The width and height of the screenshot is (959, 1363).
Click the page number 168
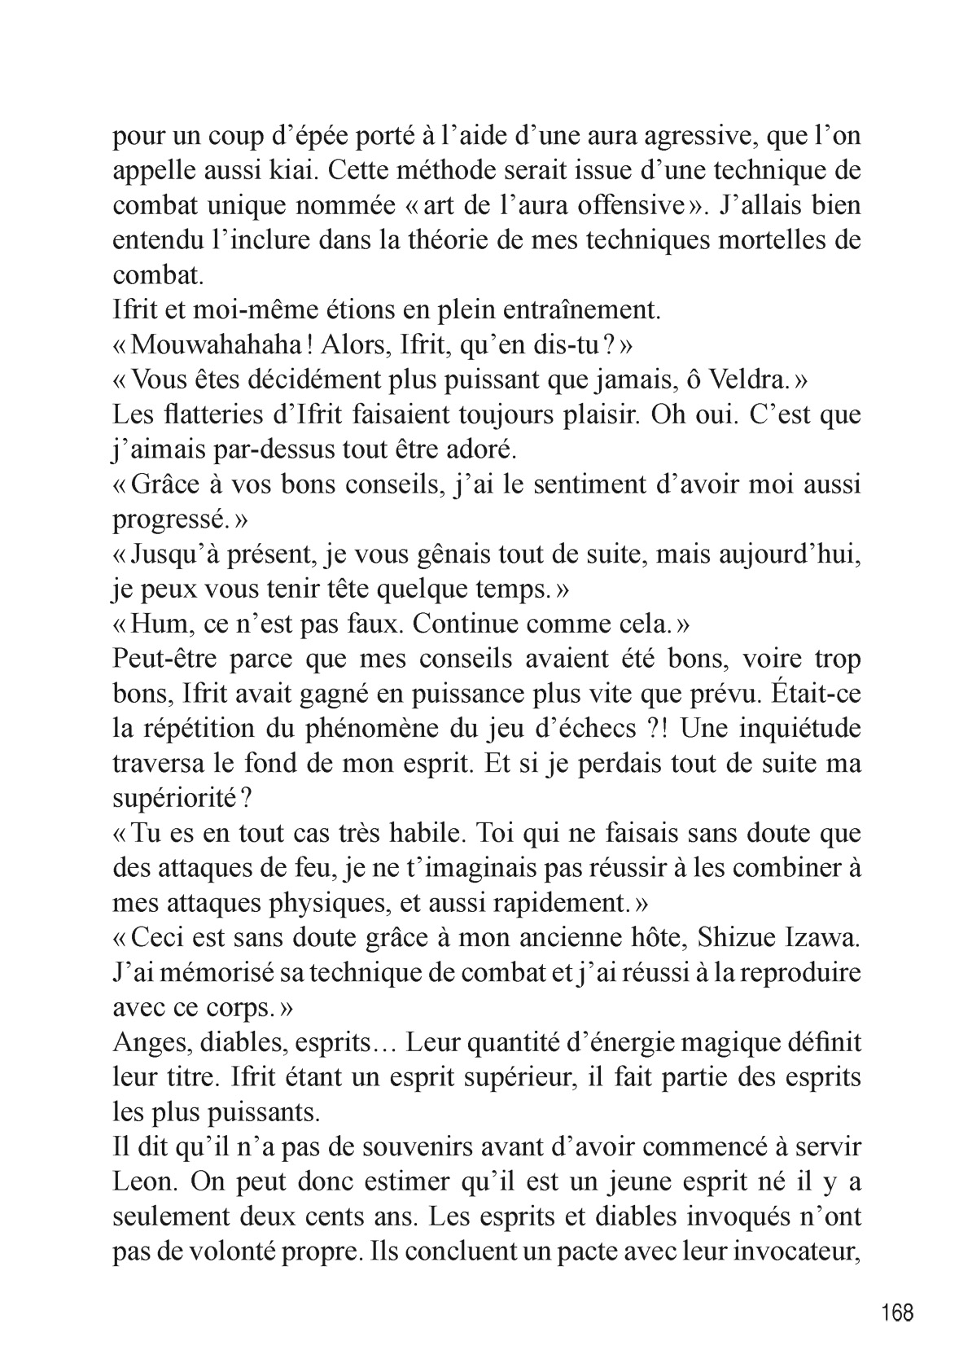click(x=896, y=1313)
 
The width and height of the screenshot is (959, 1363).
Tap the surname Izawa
click(x=823, y=939)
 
